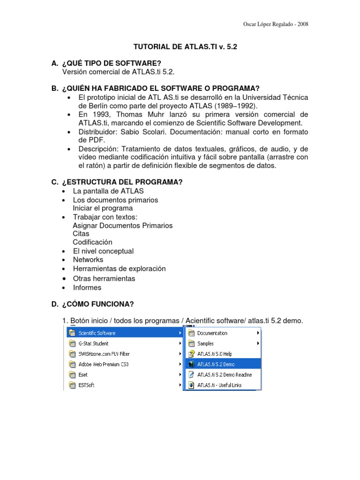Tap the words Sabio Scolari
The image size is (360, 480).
click(x=140, y=132)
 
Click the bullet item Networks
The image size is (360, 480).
click(x=88, y=260)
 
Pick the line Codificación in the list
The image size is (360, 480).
click(x=92, y=242)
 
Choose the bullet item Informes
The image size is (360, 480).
click(x=87, y=288)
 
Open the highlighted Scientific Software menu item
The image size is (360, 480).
click(x=97, y=333)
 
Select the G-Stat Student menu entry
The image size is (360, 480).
click(x=94, y=344)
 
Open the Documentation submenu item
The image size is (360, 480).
click(x=212, y=333)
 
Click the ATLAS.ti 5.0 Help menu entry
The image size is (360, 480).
click(x=215, y=354)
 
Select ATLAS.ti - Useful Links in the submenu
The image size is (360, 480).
click(x=219, y=385)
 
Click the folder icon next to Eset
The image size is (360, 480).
click(x=72, y=375)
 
